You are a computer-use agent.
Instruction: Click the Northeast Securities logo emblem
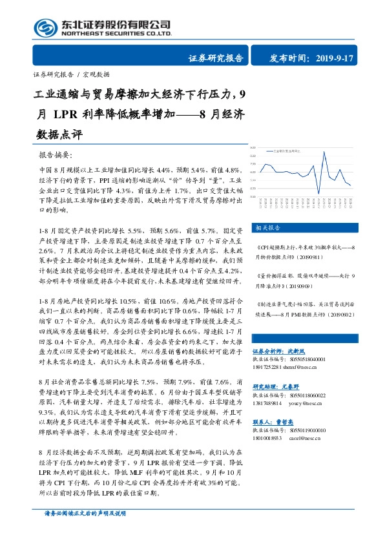click(46, 28)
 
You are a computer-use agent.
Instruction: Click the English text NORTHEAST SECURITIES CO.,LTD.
click(116, 33)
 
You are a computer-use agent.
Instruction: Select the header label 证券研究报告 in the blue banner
click(216, 58)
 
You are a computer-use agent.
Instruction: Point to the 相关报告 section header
click(265, 227)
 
